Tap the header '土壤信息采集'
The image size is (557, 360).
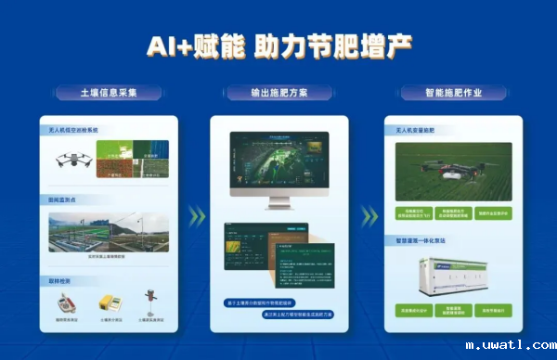109,94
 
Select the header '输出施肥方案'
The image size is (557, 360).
278,94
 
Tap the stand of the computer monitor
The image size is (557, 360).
279,204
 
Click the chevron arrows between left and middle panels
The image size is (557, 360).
195,217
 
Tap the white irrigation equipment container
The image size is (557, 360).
451,276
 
